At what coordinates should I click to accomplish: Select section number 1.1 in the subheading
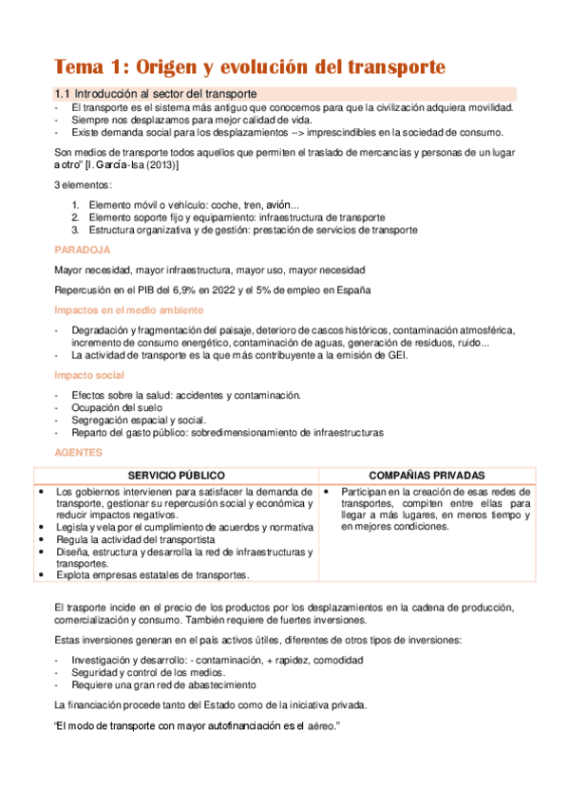pos(63,93)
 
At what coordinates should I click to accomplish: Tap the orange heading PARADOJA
pos(83,249)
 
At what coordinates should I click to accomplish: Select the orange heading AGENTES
pos(80,452)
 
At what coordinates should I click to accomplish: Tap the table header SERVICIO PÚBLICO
pos(177,475)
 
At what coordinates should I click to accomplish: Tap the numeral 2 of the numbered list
pos(76,217)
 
